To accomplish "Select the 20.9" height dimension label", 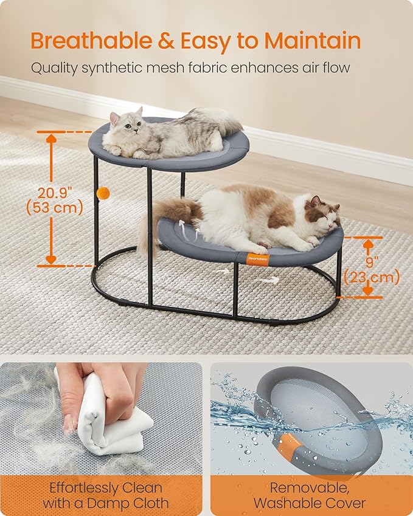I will pyautogui.click(x=51, y=193).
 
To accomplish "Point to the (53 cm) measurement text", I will pyautogui.click(x=51, y=208).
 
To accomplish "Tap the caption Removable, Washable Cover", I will pyautogui.click(x=309, y=495).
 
